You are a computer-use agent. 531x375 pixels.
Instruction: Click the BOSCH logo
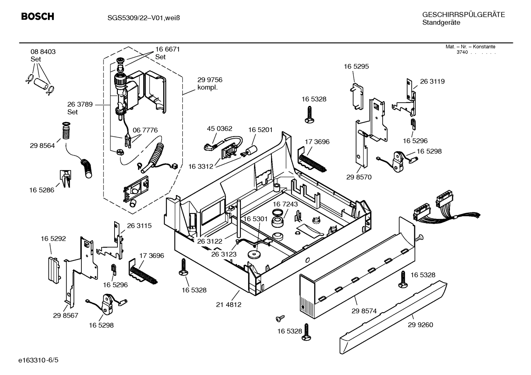pyautogui.click(x=38, y=17)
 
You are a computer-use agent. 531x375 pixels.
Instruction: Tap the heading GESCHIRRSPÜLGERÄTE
pyautogui.click(x=463, y=15)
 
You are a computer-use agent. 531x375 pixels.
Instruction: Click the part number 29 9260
pyautogui.click(x=420, y=325)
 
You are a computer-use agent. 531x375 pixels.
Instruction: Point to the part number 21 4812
pyautogui.click(x=228, y=305)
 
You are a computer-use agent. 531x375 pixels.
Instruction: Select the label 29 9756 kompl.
pyautogui.click(x=210, y=84)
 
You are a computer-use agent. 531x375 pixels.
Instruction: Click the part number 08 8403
pyautogui.click(x=43, y=52)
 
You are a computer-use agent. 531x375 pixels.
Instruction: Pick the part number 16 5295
pyautogui.click(x=356, y=67)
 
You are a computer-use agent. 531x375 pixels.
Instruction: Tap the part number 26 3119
pyautogui.click(x=432, y=82)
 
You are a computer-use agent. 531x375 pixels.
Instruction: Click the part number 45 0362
pyautogui.click(x=219, y=129)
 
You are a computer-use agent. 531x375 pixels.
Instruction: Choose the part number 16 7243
pyautogui.click(x=285, y=204)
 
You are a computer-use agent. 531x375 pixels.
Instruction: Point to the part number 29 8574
pyautogui.click(x=364, y=311)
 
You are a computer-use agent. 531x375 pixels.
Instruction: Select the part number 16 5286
pyautogui.click(x=42, y=190)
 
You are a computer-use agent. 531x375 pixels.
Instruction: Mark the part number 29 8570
pyautogui.click(x=359, y=177)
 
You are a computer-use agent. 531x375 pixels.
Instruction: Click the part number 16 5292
pyautogui.click(x=53, y=239)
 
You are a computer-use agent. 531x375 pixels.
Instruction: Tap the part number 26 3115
pyautogui.click(x=139, y=226)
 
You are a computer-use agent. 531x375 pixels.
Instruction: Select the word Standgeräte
pyautogui.click(x=441, y=23)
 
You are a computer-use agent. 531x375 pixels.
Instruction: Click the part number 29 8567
pyautogui.click(x=66, y=315)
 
